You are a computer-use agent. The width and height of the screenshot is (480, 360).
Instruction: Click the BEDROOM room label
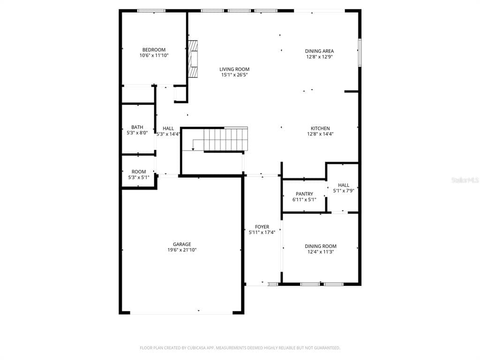pyautogui.click(x=154, y=50)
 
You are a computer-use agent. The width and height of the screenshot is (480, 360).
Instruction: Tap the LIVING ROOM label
pyautogui.click(x=234, y=69)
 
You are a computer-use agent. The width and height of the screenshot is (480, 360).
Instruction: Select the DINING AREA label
pyautogui.click(x=319, y=51)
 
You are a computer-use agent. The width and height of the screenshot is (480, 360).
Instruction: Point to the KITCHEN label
pyautogui.click(x=320, y=128)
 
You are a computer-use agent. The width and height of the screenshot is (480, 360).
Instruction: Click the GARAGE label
pyautogui.click(x=182, y=244)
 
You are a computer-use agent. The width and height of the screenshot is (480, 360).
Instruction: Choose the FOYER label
pyautogui.click(x=262, y=227)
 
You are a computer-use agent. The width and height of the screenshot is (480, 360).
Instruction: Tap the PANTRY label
pyautogui.click(x=304, y=194)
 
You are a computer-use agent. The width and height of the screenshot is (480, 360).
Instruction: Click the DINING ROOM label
pyautogui.click(x=321, y=247)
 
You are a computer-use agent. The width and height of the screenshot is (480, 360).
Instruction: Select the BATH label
pyautogui.click(x=137, y=127)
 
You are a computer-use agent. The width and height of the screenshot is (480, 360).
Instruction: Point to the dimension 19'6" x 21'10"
pyautogui.click(x=182, y=250)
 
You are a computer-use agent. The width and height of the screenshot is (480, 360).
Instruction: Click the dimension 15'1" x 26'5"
pyautogui.click(x=234, y=75)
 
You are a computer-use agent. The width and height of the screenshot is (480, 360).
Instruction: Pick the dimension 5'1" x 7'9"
pyautogui.click(x=344, y=191)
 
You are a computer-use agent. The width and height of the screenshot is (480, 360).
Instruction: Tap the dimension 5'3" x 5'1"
pyautogui.click(x=139, y=178)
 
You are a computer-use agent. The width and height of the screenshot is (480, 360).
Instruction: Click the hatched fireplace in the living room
pyautogui.click(x=193, y=59)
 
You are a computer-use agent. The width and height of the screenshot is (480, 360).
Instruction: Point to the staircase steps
pyautogui.click(x=225, y=139)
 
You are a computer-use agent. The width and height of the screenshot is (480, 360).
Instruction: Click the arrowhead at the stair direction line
pyautogui.click(x=193, y=149)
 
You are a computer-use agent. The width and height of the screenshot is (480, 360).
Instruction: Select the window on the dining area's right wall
pyautogui.click(x=360, y=52)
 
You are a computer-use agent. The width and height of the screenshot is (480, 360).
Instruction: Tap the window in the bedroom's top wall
pyautogui.click(x=151, y=11)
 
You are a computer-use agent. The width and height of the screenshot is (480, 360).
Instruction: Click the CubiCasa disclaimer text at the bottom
pyautogui.click(x=240, y=348)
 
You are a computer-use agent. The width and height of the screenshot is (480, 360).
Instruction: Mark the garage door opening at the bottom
pyautogui.click(x=181, y=313)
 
